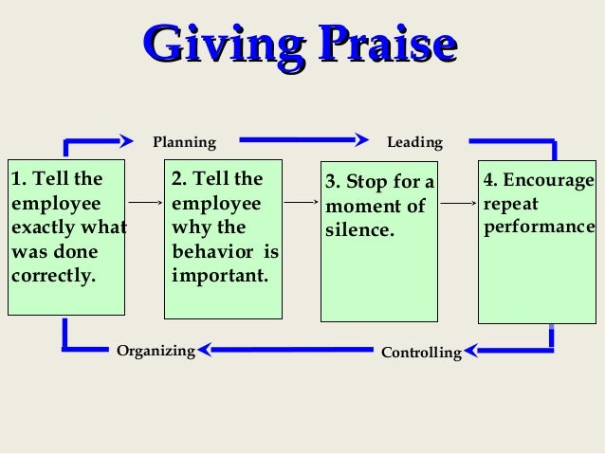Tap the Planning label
point(185,143)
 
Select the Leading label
point(414,143)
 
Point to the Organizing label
point(156,352)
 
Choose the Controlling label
point(420,354)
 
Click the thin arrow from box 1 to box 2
point(145,202)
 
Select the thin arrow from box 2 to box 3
point(302,202)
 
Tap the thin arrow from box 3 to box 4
point(458,203)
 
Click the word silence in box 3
point(358,230)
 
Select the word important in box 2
point(219,277)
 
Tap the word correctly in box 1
point(53,278)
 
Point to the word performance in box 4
point(539,228)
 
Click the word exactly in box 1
point(41,228)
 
